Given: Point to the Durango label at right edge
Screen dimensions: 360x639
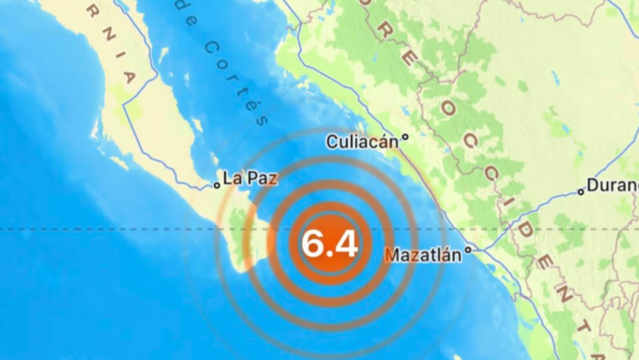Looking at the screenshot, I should click(613, 186).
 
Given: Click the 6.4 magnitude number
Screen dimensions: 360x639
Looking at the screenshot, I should click(329, 245).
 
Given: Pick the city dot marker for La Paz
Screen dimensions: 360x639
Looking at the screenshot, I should click(218, 185).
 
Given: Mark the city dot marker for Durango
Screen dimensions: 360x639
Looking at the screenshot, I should click(581, 192).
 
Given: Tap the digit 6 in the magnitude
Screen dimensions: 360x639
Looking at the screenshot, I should click(313, 245).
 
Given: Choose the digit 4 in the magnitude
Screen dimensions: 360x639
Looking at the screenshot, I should click(345, 245).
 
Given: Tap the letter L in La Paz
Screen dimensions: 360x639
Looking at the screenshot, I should click(227, 180).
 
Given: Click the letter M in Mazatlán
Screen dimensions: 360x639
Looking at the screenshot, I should click(390, 256).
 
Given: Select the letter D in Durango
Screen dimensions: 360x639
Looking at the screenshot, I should click(592, 186).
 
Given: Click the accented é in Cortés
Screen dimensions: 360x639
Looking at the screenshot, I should click(255, 107).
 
